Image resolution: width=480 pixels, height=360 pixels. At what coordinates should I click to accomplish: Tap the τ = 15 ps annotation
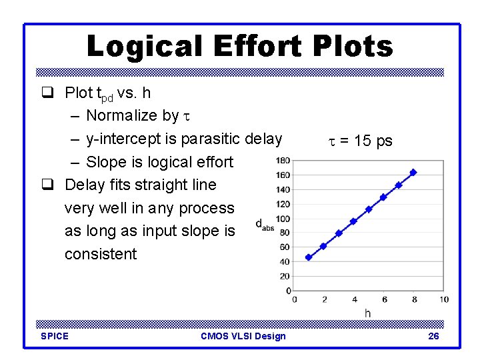tap(360, 141)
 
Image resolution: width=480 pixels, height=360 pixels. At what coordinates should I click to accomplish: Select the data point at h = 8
tap(413, 172)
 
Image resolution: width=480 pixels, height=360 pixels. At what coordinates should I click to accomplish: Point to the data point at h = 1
tap(309, 257)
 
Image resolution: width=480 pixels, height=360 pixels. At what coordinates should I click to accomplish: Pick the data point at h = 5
tap(369, 209)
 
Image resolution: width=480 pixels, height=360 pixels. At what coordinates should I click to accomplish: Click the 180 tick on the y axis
tap(283, 160)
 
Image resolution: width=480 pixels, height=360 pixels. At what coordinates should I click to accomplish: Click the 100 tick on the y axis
tap(283, 218)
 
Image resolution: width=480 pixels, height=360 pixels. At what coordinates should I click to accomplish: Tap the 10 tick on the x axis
tap(444, 299)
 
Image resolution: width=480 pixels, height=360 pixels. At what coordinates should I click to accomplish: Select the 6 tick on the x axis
tap(384, 299)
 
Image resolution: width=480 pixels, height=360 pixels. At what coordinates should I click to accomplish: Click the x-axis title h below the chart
tap(367, 313)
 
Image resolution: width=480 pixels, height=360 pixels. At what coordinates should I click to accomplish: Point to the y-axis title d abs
tap(265, 225)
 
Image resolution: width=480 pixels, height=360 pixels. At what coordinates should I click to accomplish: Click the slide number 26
tap(433, 336)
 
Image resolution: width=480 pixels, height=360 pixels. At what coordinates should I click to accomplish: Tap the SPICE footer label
tap(55, 336)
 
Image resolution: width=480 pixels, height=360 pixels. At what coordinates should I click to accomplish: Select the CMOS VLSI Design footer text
tap(243, 336)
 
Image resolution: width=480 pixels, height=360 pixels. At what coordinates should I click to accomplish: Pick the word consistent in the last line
tap(100, 254)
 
